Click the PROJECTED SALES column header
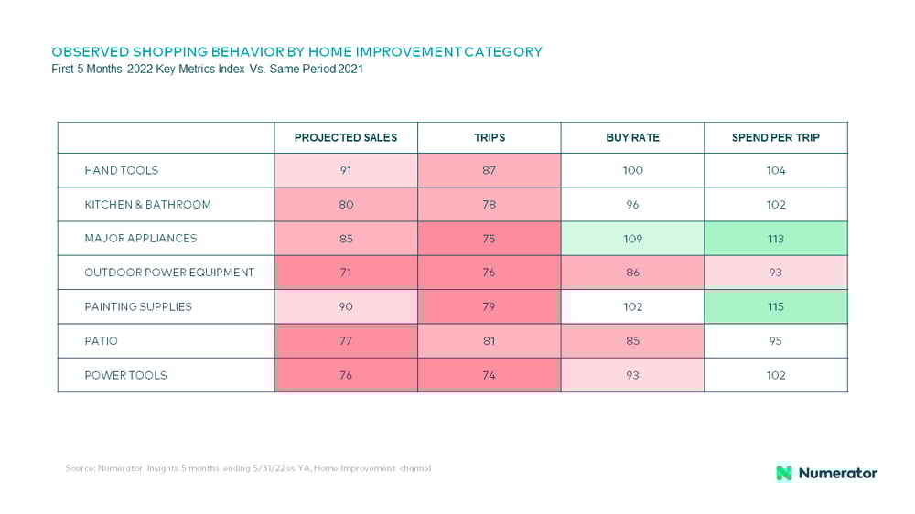(346, 138)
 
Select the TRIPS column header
(489, 138)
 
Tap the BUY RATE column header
(632, 138)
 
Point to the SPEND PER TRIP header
(776, 138)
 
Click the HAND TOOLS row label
(122, 170)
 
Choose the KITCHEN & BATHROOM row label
(147, 205)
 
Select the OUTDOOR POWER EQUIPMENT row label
(169, 273)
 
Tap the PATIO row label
(101, 341)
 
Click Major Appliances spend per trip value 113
(776, 239)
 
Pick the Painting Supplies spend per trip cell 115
(776, 307)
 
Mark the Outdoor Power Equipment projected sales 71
(346, 273)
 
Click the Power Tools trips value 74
(489, 375)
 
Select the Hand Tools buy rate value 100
(632, 170)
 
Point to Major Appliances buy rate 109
(632, 239)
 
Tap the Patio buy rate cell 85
(632, 341)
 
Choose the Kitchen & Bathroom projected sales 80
(346, 205)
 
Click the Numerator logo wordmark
(837, 473)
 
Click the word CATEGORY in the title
(503, 52)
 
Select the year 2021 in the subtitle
(350, 69)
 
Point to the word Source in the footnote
(80, 468)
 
